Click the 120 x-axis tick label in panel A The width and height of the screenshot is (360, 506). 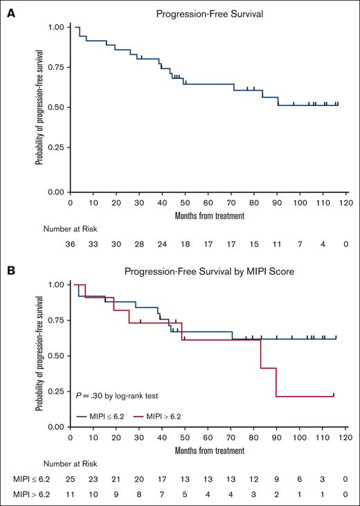pos(345,204)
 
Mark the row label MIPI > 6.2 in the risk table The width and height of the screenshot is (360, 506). pos(28,496)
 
